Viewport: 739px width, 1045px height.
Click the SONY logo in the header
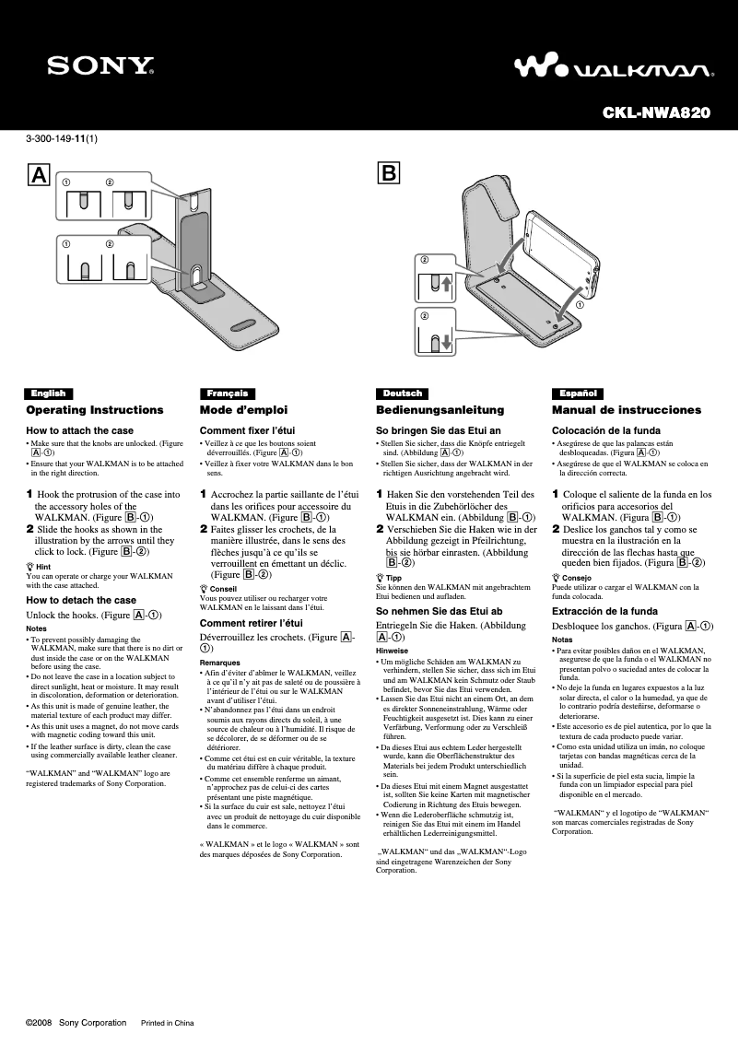pos(101,65)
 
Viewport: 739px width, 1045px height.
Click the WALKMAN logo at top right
pos(613,67)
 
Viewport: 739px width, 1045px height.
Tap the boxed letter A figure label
pos(39,175)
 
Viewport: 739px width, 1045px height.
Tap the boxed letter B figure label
pos(389,172)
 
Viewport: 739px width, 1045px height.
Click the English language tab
pos(48,393)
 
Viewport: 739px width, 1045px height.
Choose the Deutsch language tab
pos(402,393)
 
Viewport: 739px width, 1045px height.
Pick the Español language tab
pos(578,393)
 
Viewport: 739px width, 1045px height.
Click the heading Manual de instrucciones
pos(627,410)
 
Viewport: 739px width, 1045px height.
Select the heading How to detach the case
pos(81,600)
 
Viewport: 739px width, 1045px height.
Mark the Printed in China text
pos(167,1023)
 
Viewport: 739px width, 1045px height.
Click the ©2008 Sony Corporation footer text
pos(76,1023)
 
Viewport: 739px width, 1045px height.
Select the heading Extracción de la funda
pos(604,611)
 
